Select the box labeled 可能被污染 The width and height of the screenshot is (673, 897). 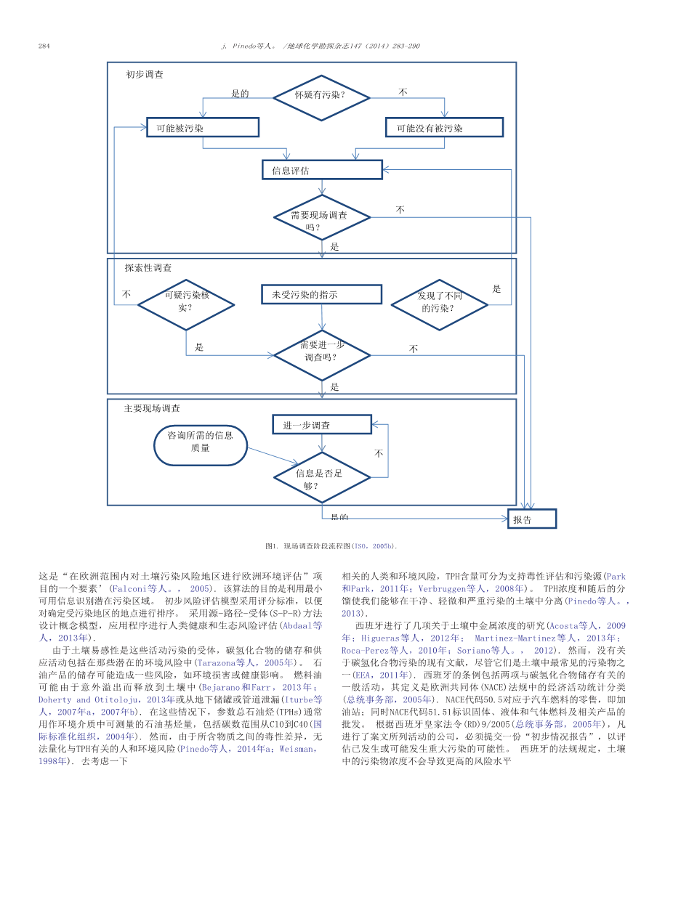pyautogui.click(x=202, y=127)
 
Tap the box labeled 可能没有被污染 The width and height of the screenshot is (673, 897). pyautogui.click(x=443, y=127)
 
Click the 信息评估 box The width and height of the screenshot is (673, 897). pyautogui.click(x=321, y=170)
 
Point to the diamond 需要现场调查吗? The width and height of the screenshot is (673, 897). pyautogui.click(x=321, y=217)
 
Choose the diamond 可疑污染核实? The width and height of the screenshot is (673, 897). pyautogui.click(x=185, y=304)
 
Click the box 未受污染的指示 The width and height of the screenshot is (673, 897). pyautogui.click(x=321, y=294)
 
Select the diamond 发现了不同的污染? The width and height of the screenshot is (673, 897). pyautogui.click(x=439, y=304)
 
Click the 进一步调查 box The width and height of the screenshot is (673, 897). pyautogui.click(x=321, y=425)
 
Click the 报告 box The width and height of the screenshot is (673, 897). pyautogui.click(x=531, y=519)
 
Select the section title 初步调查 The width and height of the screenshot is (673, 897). pyautogui.click(x=145, y=75)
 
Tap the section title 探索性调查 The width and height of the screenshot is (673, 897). pyautogui.click(x=148, y=268)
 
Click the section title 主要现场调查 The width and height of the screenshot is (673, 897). pyautogui.click(x=152, y=409)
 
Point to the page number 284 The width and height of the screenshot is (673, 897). pyautogui.click(x=44, y=46)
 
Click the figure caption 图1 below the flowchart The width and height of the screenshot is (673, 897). pyautogui.click(x=331, y=545)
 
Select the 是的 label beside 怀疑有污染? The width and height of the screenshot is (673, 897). pyautogui.click(x=240, y=94)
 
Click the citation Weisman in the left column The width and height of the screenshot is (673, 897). pyautogui.click(x=297, y=748)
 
